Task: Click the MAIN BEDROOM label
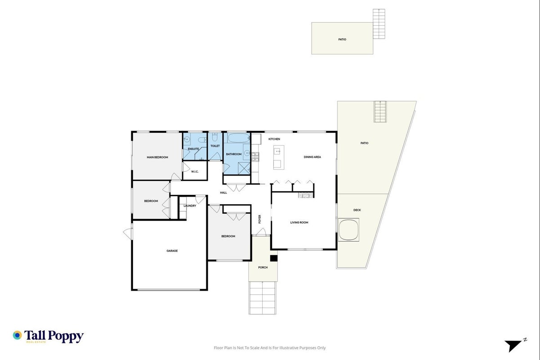click(x=157, y=157)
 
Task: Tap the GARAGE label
click(x=172, y=251)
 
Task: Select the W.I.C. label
click(x=195, y=171)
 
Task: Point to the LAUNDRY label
click(x=190, y=206)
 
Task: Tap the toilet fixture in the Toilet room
click(x=215, y=137)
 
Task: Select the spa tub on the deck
click(x=348, y=229)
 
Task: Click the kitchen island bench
click(x=279, y=157)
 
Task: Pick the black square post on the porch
click(x=274, y=258)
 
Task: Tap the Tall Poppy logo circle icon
click(x=17, y=335)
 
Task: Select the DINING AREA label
click(x=312, y=157)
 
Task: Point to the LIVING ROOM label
click(x=299, y=222)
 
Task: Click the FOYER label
click(x=259, y=219)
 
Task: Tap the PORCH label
click(x=263, y=267)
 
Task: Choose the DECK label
click(x=357, y=210)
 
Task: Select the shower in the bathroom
click(x=244, y=168)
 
